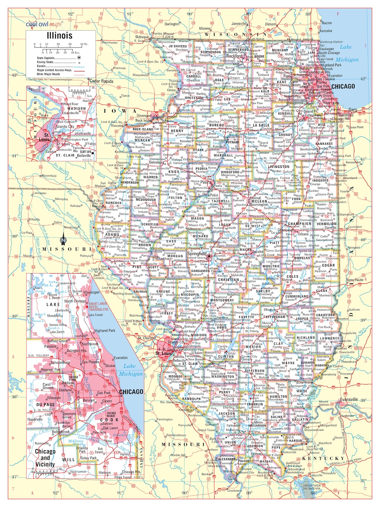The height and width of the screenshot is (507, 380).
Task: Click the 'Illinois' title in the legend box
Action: click(60, 36)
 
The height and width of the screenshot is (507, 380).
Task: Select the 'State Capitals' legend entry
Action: click(46, 58)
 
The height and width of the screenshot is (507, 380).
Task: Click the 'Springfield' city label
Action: click(197, 254)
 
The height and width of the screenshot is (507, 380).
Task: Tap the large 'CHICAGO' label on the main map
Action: click(343, 86)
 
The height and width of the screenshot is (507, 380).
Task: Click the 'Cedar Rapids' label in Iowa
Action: click(102, 81)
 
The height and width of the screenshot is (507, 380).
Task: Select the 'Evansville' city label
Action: click(349, 400)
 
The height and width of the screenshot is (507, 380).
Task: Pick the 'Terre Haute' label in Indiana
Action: click(354, 280)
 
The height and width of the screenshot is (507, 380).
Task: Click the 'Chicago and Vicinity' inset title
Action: click(45, 458)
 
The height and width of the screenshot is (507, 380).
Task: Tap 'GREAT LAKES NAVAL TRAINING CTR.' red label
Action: click(98, 306)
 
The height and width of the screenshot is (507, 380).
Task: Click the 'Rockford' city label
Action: click(234, 56)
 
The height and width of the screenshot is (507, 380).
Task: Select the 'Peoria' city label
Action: click(206, 182)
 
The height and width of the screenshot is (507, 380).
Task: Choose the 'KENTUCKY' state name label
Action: click(323, 458)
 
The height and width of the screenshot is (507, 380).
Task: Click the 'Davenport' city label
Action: click(144, 115)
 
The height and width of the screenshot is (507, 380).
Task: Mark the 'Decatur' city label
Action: click(258, 251)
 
